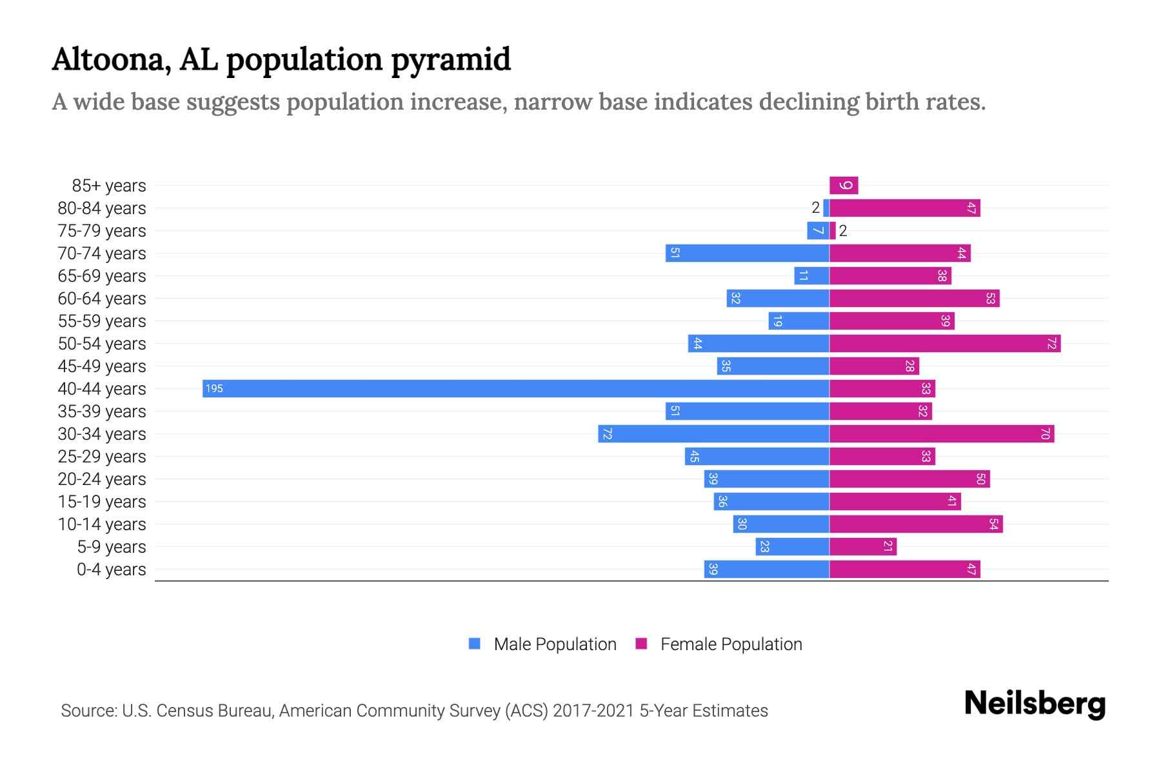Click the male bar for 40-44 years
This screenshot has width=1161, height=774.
(x=516, y=388)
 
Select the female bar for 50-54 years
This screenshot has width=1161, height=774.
(x=945, y=343)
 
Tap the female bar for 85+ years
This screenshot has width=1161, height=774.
(x=844, y=186)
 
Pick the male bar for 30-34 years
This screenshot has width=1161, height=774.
(x=713, y=433)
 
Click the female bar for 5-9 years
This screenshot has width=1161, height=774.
(x=863, y=546)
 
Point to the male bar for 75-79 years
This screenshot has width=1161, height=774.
(x=818, y=231)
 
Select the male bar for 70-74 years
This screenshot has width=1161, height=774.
(x=747, y=253)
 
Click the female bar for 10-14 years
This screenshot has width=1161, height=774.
(x=916, y=524)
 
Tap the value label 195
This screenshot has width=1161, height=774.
(x=214, y=388)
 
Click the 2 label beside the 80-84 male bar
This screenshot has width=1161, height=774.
(x=815, y=208)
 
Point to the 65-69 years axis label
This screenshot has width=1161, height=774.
(x=102, y=276)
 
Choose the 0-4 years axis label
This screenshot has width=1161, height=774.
(x=111, y=570)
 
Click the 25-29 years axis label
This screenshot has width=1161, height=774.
(x=102, y=457)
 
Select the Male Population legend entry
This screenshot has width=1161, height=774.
(x=555, y=644)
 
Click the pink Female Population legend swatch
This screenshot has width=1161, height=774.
(x=641, y=644)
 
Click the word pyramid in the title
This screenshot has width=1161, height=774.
(x=451, y=60)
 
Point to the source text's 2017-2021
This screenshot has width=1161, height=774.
(x=593, y=711)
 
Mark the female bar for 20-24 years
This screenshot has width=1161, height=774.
(x=909, y=479)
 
